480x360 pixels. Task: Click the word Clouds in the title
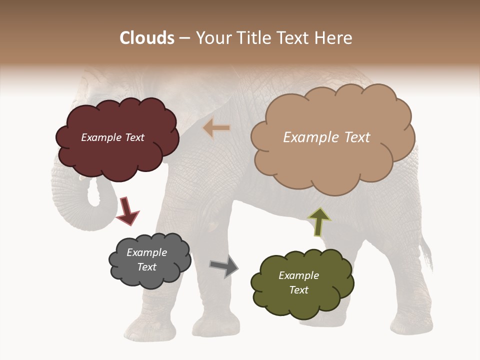coord(147,38)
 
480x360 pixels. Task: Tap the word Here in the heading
coord(334,38)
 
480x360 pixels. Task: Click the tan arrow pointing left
coord(216,128)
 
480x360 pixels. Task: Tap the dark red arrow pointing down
coord(127,211)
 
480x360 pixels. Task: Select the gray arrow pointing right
coord(224,266)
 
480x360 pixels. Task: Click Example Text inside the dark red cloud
coord(112,137)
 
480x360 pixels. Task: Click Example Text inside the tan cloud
coord(326,137)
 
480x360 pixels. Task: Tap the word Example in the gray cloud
coord(146,252)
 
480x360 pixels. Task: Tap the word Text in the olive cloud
coord(298,290)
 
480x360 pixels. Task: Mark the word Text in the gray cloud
coord(146,267)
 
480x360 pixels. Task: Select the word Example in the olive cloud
coord(298,275)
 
